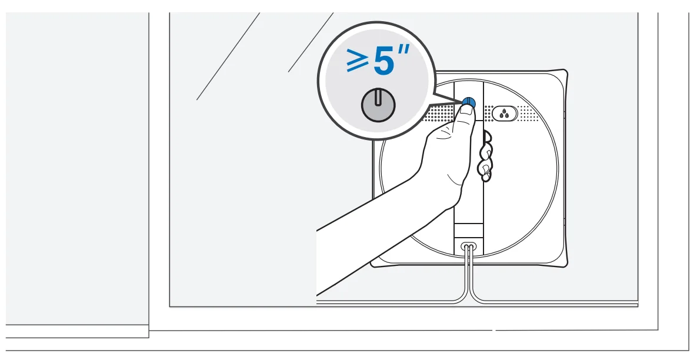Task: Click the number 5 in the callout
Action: coord(383,61)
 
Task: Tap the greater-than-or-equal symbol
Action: coord(358,61)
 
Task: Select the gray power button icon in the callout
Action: coord(378,105)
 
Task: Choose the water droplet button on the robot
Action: coord(505,114)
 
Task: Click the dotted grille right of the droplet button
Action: coord(529,114)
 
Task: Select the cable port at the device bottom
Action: coord(468,245)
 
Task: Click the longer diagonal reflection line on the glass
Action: coord(228,56)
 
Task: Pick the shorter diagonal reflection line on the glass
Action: coord(311,42)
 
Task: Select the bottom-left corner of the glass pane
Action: coord(170,306)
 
